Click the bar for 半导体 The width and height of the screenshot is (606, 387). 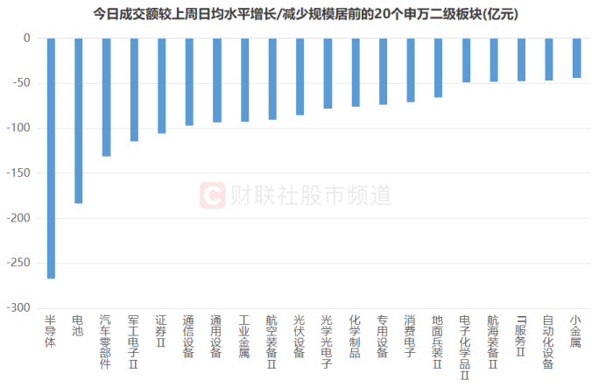(51, 158)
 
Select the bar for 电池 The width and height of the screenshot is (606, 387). (78, 121)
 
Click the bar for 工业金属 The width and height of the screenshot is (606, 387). (244, 80)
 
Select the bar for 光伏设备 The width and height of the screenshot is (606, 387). (299, 77)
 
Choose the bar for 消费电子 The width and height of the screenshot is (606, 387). (410, 70)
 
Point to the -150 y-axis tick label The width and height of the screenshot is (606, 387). (19, 173)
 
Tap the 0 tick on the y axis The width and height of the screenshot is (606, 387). (26, 39)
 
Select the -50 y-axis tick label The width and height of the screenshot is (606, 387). (22, 83)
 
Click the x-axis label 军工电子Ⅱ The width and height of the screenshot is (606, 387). (133, 341)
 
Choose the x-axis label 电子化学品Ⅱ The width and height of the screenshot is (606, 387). (465, 347)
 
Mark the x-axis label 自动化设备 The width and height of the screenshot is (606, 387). (548, 341)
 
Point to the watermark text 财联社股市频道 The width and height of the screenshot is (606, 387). (311, 194)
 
